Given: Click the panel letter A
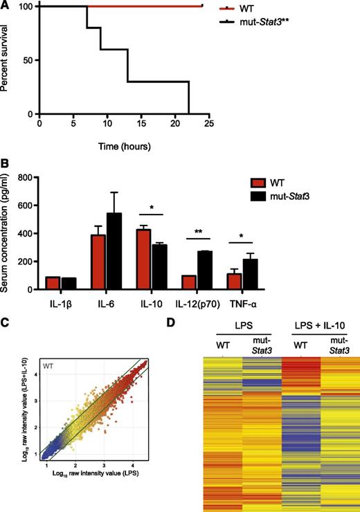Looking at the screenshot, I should click(x=6, y=6).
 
